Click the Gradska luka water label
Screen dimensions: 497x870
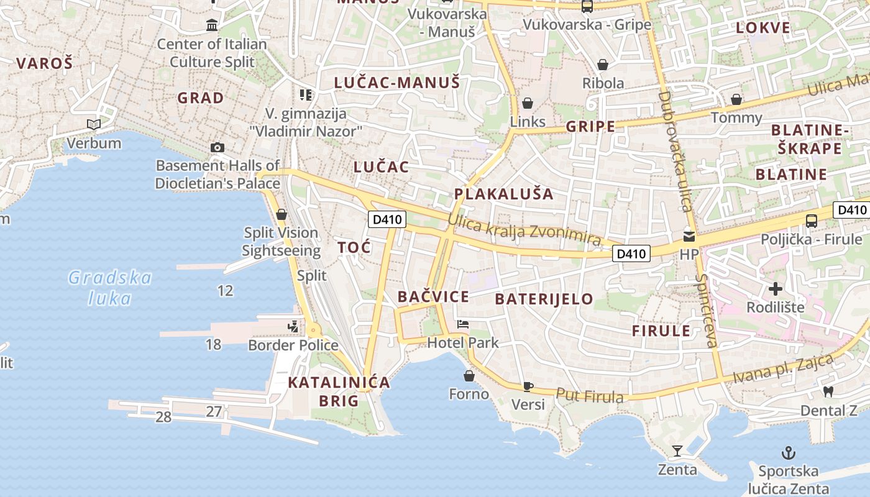[x=110, y=288]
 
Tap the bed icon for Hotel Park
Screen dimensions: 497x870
[x=463, y=324]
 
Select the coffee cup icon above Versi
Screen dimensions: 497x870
[x=528, y=386]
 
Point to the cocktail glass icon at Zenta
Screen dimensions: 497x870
[x=677, y=450]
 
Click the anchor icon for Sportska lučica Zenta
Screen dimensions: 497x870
[x=788, y=452]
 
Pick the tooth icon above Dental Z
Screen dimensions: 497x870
[x=828, y=391]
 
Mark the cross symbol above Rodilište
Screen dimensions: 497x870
[x=775, y=288]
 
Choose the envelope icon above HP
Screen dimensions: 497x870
[x=689, y=236]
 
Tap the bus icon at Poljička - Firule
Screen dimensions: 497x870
[x=812, y=221]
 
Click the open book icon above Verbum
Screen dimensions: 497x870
[x=94, y=125]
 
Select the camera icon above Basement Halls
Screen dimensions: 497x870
[x=217, y=147]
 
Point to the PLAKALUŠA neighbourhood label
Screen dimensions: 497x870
[x=503, y=193]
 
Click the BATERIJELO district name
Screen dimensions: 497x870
[x=544, y=299]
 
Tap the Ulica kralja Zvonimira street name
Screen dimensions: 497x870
[x=524, y=229]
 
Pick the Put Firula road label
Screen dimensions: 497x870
[x=589, y=395]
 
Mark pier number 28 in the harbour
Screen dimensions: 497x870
[x=163, y=417]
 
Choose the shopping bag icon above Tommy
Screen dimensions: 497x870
[x=736, y=99]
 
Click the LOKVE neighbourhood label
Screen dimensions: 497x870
[x=763, y=27]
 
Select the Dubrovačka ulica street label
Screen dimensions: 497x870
[x=674, y=152]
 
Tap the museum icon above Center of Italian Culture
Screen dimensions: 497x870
[x=212, y=25]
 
